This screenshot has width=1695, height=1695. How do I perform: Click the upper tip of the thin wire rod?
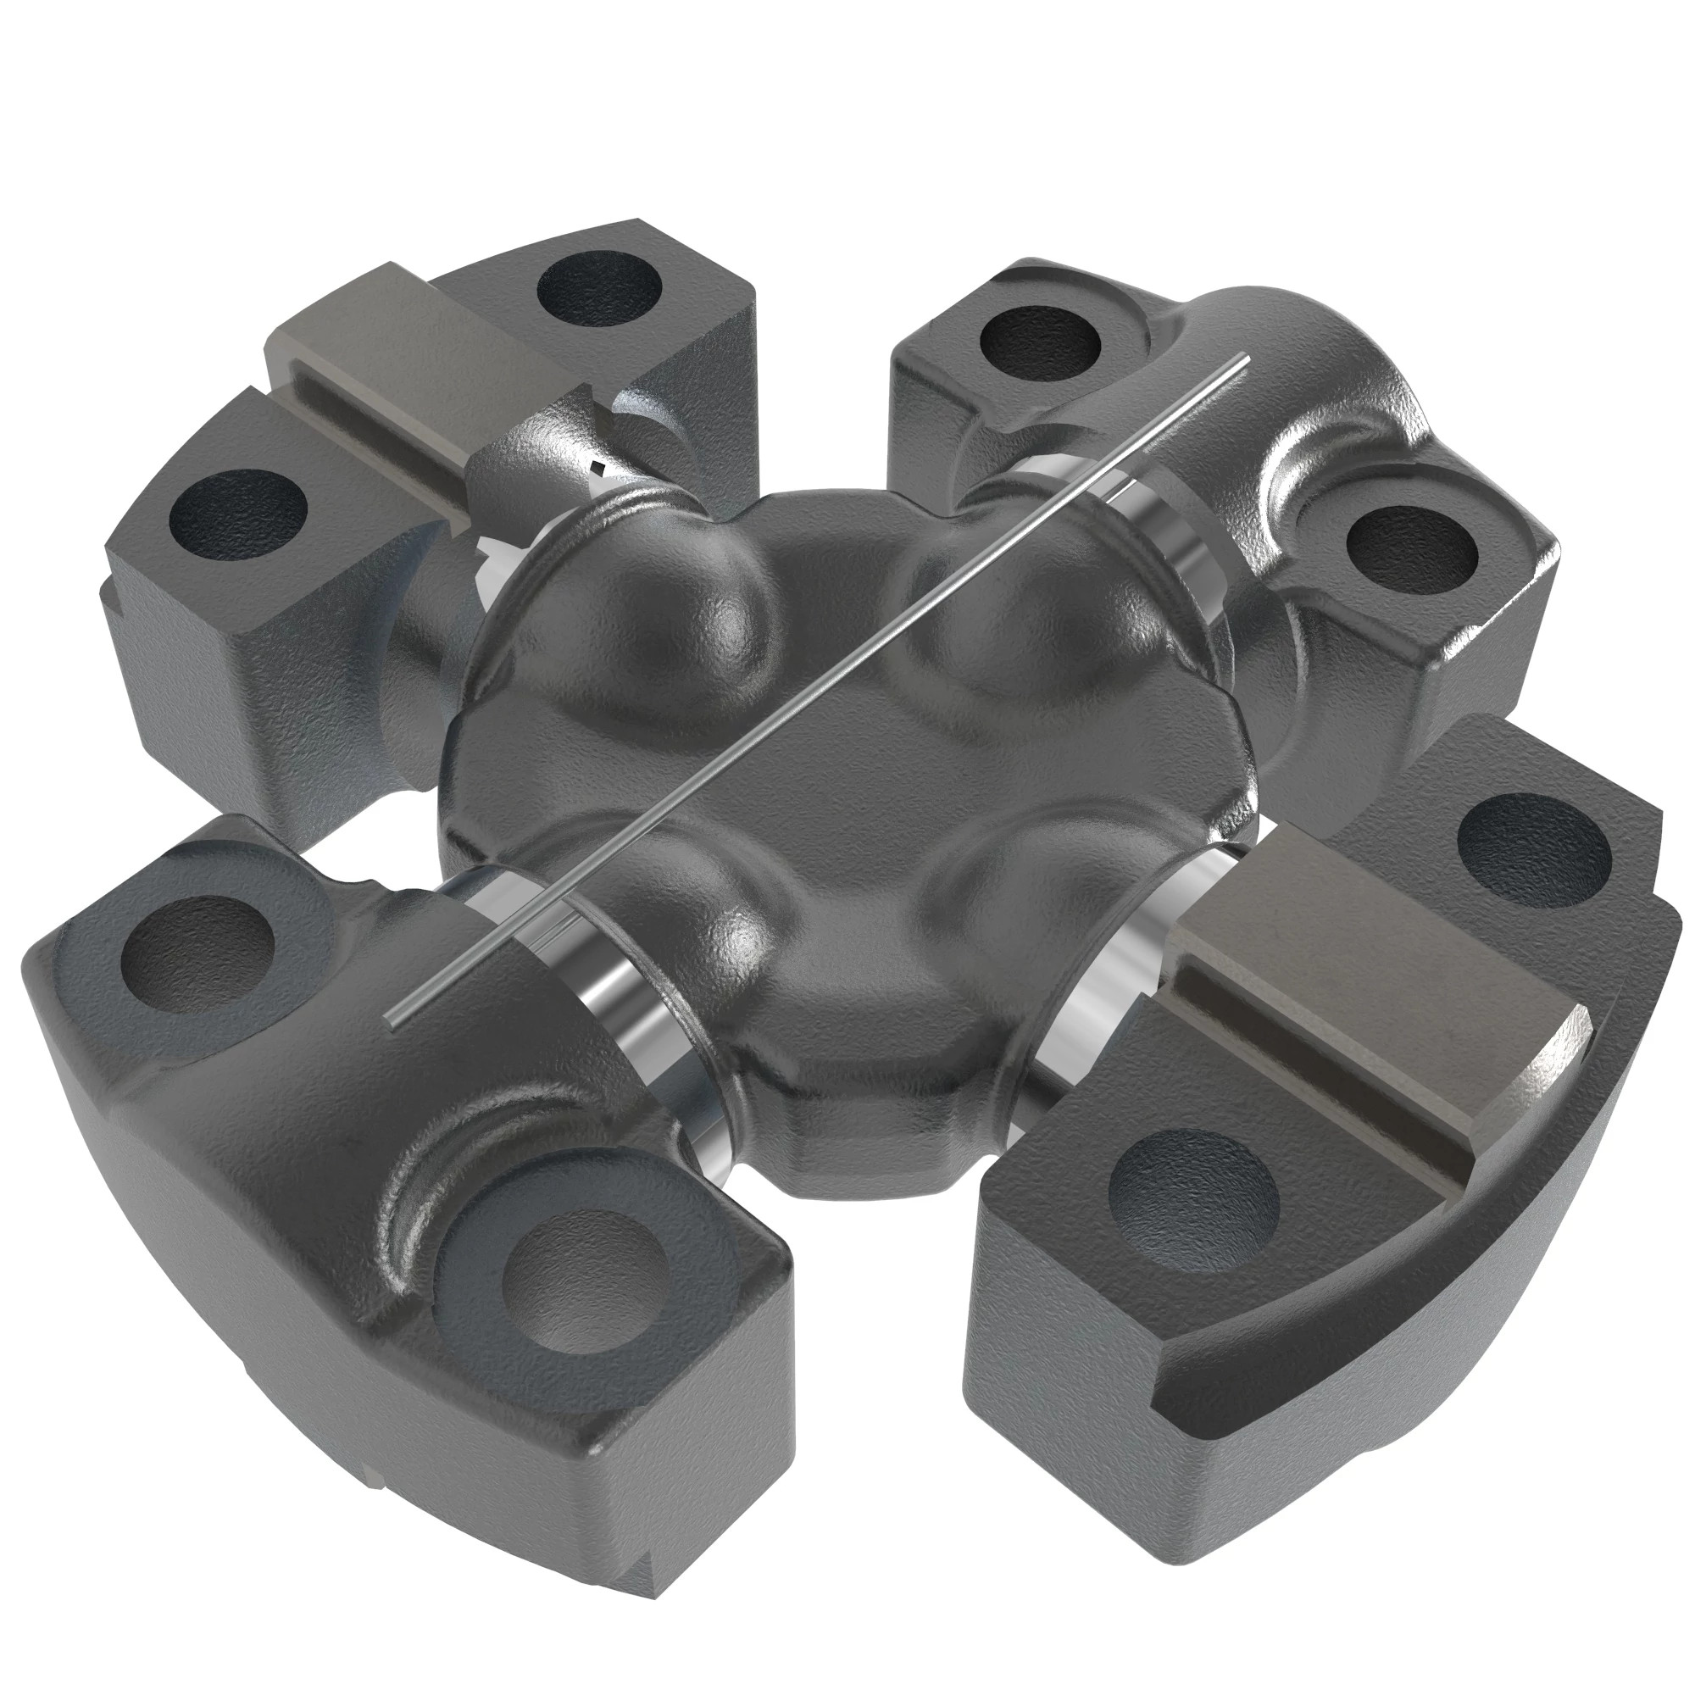coord(1245,356)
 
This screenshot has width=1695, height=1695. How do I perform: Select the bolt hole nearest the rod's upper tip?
coord(1040,339)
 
